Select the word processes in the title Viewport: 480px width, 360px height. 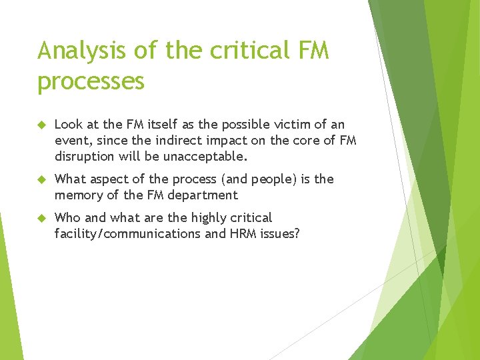tap(91, 81)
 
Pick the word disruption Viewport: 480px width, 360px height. tap(83, 157)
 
